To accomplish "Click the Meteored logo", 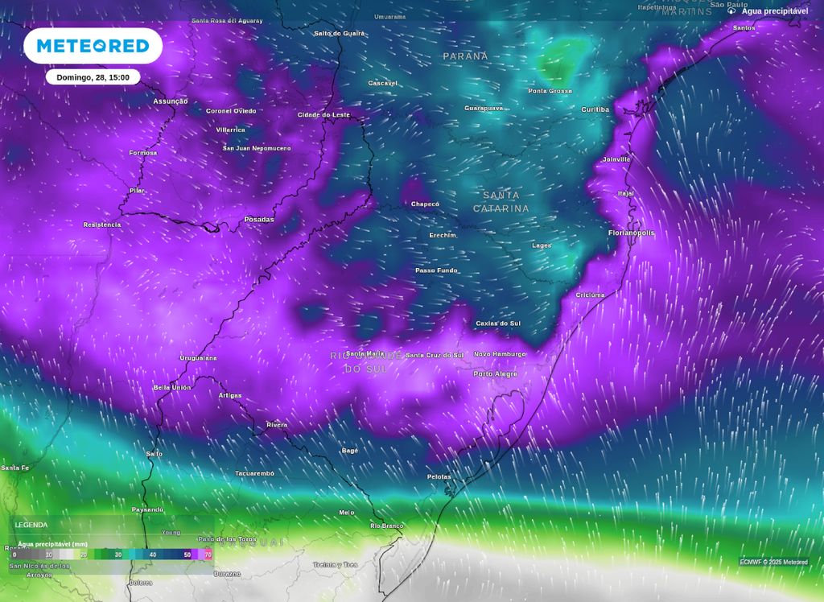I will pos(93,46).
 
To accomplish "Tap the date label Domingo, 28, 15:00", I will pos(93,77).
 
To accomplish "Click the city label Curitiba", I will pos(595,109).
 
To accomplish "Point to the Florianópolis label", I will pos(631,233).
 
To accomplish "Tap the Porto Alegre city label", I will pos(495,373).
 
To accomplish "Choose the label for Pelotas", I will pos(439,477).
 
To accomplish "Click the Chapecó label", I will pos(426,204).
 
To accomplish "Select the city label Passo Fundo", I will pos(436,270).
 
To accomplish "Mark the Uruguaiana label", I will pos(198,357).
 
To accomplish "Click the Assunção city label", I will pos(171,101).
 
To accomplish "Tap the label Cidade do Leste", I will pos(324,115).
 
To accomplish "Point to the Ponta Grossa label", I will pos(550,91).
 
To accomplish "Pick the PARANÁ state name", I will pos(465,56).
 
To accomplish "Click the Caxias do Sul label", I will pos(498,324).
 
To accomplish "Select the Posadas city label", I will pos(258,220).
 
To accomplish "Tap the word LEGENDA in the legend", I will pos(31,525).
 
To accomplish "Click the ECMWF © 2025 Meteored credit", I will pos(773,562).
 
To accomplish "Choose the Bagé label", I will pos(349,451).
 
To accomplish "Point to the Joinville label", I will pos(616,159).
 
